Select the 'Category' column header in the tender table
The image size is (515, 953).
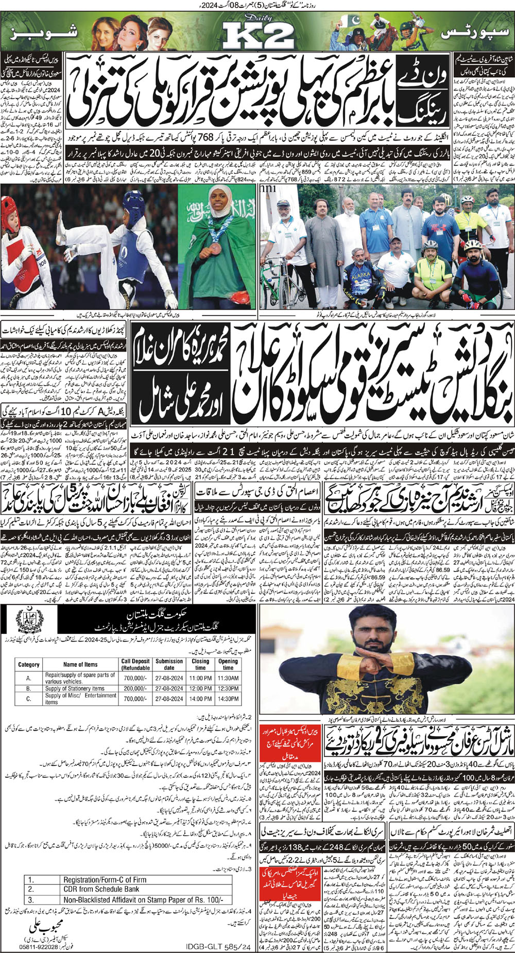click(29, 665)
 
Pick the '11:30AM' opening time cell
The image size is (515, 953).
click(228, 678)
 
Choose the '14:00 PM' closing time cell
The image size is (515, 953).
click(200, 699)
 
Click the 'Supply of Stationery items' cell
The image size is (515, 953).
click(75, 688)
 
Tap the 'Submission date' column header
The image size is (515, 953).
click(169, 664)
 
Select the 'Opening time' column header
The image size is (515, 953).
click(228, 664)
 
